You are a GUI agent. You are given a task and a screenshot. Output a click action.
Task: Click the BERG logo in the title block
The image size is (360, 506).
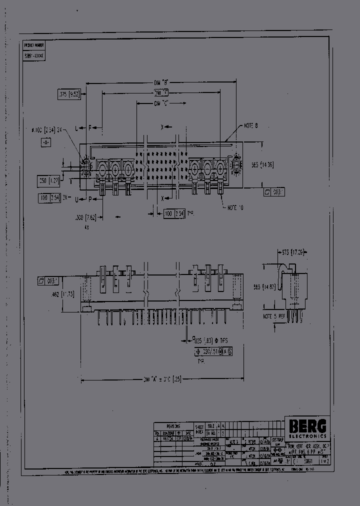pyautogui.click(x=307, y=425)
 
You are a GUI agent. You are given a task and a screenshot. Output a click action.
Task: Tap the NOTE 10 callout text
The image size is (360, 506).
pyautogui.click(x=235, y=207)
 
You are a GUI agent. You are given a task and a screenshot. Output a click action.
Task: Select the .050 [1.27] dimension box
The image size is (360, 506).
pyautogui.click(x=49, y=180)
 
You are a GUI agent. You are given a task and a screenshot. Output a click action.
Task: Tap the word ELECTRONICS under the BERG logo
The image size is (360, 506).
pyautogui.click(x=307, y=435)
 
